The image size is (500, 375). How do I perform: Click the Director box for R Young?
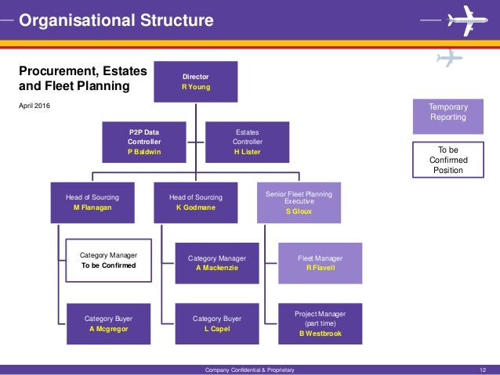coord(195,82)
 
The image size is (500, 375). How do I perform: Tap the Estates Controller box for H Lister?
coord(248,142)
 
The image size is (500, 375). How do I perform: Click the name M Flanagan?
coord(92,207)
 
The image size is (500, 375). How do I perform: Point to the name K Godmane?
coord(196,207)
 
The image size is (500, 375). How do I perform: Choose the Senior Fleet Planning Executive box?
coord(299,202)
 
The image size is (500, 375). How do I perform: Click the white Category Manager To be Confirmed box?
coord(108,260)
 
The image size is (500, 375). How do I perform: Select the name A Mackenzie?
coord(217,268)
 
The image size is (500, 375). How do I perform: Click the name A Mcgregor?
coord(108,329)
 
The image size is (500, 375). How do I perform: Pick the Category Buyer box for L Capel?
coord(217,323)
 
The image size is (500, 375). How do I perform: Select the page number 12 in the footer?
coord(482,370)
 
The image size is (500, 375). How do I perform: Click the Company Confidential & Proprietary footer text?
coord(249,370)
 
